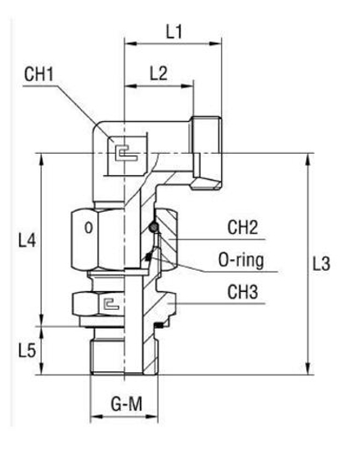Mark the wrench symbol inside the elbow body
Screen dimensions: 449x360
pos(123,153)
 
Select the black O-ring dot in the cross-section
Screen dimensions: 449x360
pos(152,227)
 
